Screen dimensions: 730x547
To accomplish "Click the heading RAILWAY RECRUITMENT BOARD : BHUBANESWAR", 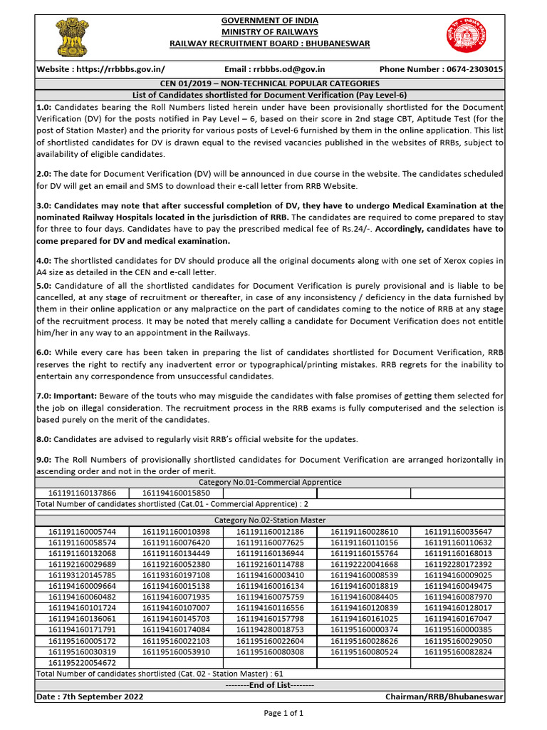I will (x=269, y=43).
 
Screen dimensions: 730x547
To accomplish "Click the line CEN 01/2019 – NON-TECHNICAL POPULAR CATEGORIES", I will (x=269, y=83).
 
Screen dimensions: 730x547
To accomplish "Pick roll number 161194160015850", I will (x=176, y=493).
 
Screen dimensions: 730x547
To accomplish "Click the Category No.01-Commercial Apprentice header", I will (x=269, y=483).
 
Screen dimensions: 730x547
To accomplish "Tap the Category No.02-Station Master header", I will (x=269, y=520).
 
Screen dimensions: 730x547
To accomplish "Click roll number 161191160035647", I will (x=458, y=532).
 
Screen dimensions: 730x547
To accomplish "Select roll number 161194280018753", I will (x=270, y=629).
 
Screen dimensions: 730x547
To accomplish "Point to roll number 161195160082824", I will (x=458, y=652).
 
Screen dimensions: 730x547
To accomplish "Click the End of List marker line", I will (x=269, y=684).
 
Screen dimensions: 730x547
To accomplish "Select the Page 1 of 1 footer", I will (x=283, y=712).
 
